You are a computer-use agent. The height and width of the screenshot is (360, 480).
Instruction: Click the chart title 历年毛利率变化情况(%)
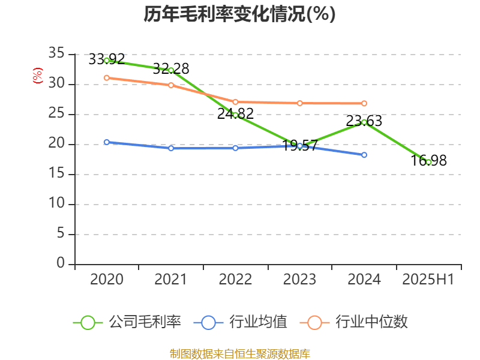tap(239, 14)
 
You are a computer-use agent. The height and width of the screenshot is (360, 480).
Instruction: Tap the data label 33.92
tap(107, 59)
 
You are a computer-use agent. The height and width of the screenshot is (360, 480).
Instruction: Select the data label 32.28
tap(170, 68)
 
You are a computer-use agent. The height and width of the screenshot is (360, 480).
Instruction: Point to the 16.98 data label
tap(429, 161)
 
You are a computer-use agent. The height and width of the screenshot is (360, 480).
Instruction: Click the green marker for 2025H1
tap(428, 162)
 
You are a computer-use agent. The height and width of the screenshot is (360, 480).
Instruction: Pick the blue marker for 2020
tap(107, 142)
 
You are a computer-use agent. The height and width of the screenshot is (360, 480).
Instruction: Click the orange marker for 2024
tap(364, 104)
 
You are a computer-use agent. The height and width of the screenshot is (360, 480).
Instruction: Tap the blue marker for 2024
tap(364, 155)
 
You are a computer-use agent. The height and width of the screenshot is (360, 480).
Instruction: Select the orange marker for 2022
tap(235, 102)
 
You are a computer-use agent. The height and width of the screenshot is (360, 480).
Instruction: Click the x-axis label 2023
tap(299, 280)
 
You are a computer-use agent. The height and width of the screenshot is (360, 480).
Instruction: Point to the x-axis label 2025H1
tap(428, 280)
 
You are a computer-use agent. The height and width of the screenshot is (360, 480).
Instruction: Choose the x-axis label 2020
tap(107, 280)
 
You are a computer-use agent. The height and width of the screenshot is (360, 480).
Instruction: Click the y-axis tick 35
tap(56, 54)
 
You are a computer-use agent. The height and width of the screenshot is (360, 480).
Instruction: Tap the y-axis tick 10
tap(56, 204)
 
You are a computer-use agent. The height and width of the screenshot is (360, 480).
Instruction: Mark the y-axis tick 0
tap(61, 264)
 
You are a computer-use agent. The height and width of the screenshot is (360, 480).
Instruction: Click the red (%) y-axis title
tap(38, 76)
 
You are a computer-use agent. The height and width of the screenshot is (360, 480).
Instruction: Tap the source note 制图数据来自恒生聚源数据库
tap(239, 353)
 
